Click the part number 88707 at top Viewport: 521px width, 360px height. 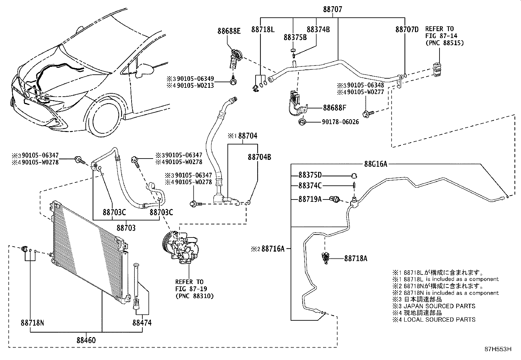332,9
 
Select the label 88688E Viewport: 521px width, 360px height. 229,31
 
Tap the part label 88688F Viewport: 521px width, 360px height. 334,108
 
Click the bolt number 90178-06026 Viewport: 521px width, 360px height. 340,122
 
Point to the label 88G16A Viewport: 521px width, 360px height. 376,164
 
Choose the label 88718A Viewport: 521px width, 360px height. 355,258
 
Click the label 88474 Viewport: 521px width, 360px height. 142,323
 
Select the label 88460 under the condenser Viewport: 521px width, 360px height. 86,340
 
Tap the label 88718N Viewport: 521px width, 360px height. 32,323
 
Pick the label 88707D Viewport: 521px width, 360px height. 407,29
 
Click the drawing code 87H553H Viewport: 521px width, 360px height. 497,349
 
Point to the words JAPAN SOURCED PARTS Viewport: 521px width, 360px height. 439,306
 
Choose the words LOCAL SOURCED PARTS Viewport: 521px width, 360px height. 439,319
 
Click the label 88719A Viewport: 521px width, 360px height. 310,199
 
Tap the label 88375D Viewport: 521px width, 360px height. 310,175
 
